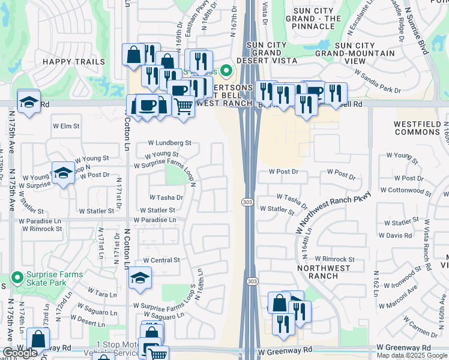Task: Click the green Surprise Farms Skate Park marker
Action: click(x=17, y=277)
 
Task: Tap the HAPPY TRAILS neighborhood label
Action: click(x=66, y=62)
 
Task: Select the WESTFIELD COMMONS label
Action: click(x=421, y=128)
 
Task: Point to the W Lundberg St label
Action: click(x=170, y=143)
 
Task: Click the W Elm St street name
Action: click(x=66, y=126)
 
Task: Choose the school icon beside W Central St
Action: click(x=140, y=278)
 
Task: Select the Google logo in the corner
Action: click(x=20, y=353)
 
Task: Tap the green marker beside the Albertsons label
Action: click(x=226, y=71)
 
